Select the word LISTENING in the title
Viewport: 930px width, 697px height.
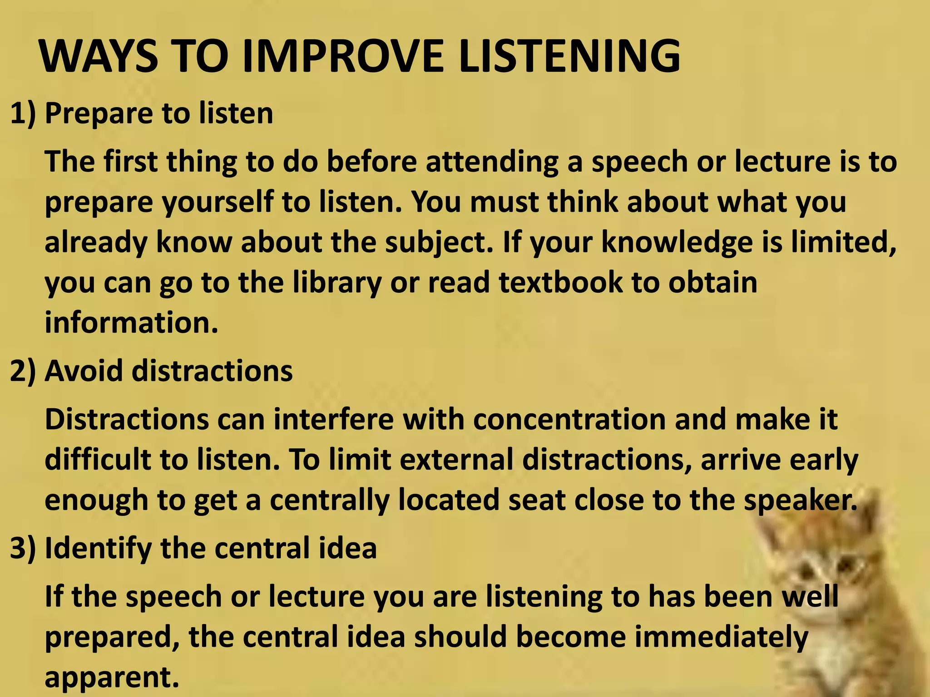click(x=569, y=57)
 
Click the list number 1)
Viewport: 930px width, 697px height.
click(x=23, y=113)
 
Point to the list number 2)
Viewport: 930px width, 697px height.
click(x=23, y=371)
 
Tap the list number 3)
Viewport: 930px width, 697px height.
click(x=23, y=548)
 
